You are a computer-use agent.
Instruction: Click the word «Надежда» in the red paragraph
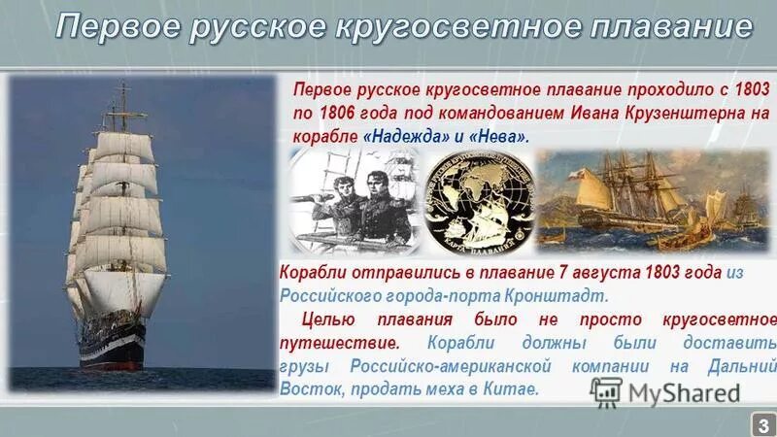(x=401, y=136)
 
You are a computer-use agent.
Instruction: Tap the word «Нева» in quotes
(x=501, y=136)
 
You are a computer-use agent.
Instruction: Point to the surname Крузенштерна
(x=688, y=112)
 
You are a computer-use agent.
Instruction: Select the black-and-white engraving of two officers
(x=354, y=199)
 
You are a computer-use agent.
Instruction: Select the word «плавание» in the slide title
(x=670, y=26)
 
